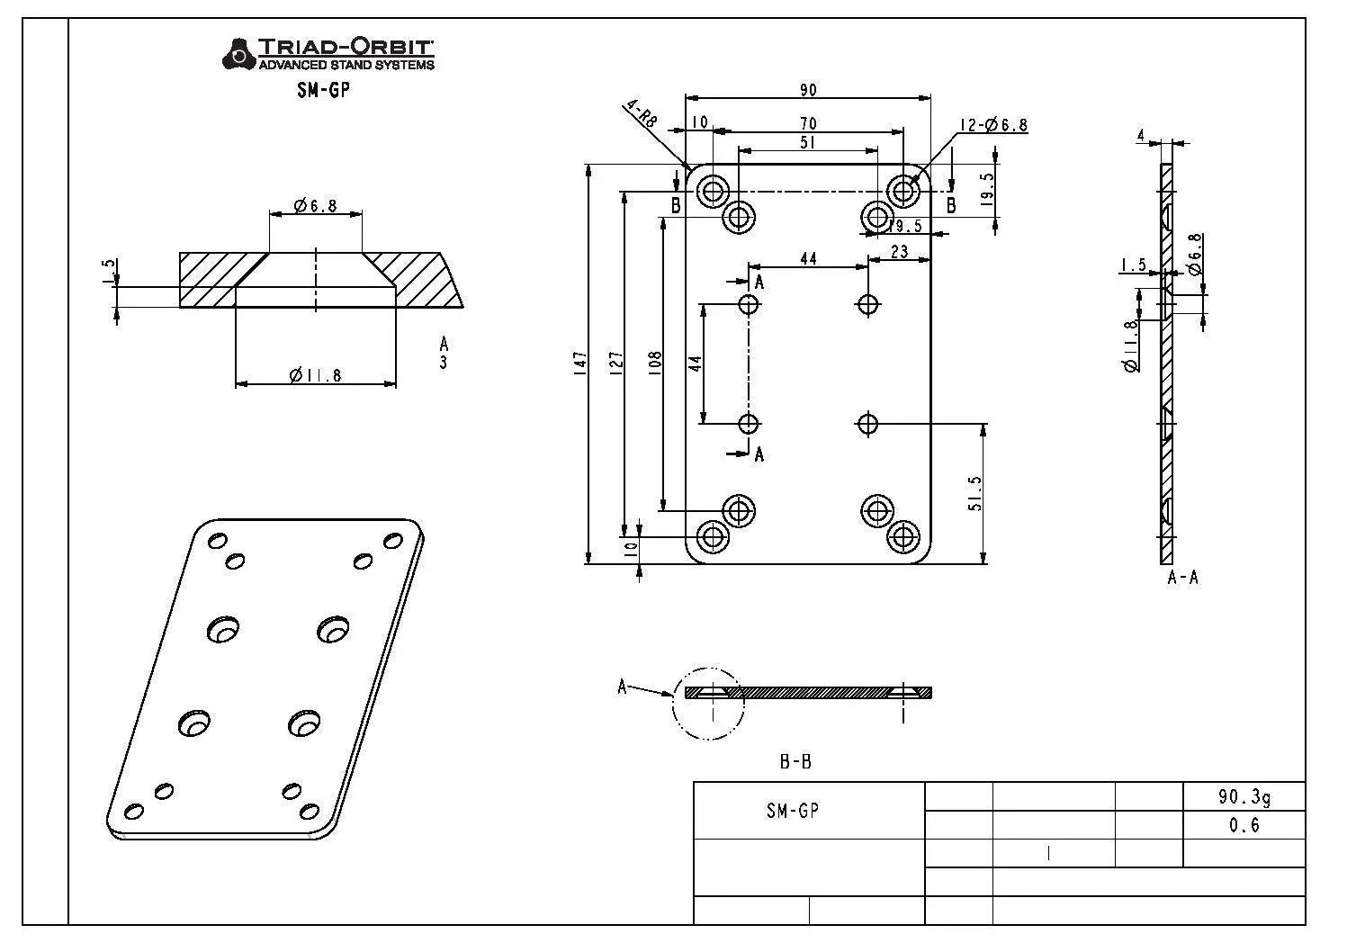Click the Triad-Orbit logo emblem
[x=238, y=53]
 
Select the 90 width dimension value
[x=807, y=89]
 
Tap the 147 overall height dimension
[x=579, y=363]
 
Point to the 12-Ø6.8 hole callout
[x=992, y=125]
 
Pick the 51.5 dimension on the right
[x=975, y=493]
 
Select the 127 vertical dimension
[x=615, y=363]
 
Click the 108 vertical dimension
[x=655, y=363]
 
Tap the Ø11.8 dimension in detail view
[x=315, y=375]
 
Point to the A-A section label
[x=1182, y=578]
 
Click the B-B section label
[x=795, y=762]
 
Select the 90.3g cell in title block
[x=1244, y=796]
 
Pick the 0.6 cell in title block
[x=1244, y=825]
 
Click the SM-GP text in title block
[x=793, y=811]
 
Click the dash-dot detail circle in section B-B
[x=708, y=704]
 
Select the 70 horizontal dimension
[x=807, y=123]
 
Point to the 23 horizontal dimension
[x=899, y=252]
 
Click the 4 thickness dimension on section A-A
[x=1141, y=136]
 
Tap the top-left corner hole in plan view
[x=714, y=191]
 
